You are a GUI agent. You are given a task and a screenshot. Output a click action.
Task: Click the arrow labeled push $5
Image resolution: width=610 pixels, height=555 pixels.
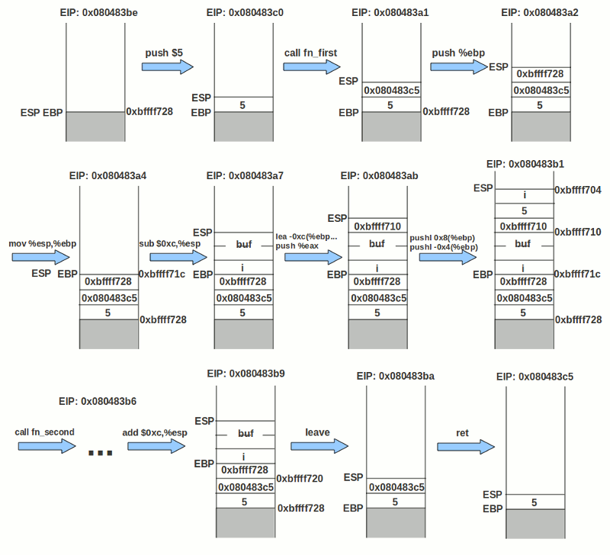167,67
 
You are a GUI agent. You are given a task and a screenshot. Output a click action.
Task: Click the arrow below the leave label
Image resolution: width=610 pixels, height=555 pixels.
317,446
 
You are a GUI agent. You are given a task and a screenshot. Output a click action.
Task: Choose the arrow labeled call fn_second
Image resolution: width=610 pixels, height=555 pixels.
44,446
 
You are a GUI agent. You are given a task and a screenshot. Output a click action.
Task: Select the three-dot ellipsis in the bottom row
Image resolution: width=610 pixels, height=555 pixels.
101,454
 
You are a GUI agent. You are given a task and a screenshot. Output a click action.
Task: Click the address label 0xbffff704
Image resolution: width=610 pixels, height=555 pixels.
578,191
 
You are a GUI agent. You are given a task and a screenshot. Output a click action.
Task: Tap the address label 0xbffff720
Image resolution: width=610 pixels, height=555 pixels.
300,479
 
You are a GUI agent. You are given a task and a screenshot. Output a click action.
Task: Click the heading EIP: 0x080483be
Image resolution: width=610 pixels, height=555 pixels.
95,13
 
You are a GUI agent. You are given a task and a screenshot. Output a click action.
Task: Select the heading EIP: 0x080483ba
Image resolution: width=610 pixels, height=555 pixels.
395,377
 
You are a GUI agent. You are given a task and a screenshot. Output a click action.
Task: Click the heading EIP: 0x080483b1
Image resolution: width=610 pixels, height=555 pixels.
525,164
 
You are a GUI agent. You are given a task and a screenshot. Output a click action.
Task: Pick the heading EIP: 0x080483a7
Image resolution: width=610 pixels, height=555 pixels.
245,175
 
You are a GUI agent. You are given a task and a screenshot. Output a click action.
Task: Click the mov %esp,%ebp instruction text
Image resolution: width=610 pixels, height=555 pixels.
43,243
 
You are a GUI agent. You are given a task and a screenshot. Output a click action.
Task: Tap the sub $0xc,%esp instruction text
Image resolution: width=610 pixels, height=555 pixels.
169,243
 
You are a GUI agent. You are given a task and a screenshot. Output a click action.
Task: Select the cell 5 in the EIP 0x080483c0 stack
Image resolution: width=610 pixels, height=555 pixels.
242,104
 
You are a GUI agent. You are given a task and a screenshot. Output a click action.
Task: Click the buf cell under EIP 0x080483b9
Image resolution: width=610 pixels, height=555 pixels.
246,433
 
